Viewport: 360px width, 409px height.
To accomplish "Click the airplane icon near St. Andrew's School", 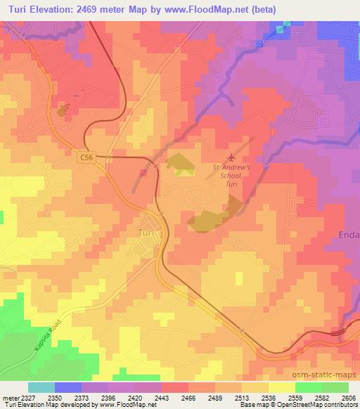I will point(232,156).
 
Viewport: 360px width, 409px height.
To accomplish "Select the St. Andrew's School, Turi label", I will point(231,173).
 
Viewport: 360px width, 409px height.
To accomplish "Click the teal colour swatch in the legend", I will point(41,387).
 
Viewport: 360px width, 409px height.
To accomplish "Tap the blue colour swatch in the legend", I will point(67,387).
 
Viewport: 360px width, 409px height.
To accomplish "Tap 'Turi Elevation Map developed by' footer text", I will point(49,405).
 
